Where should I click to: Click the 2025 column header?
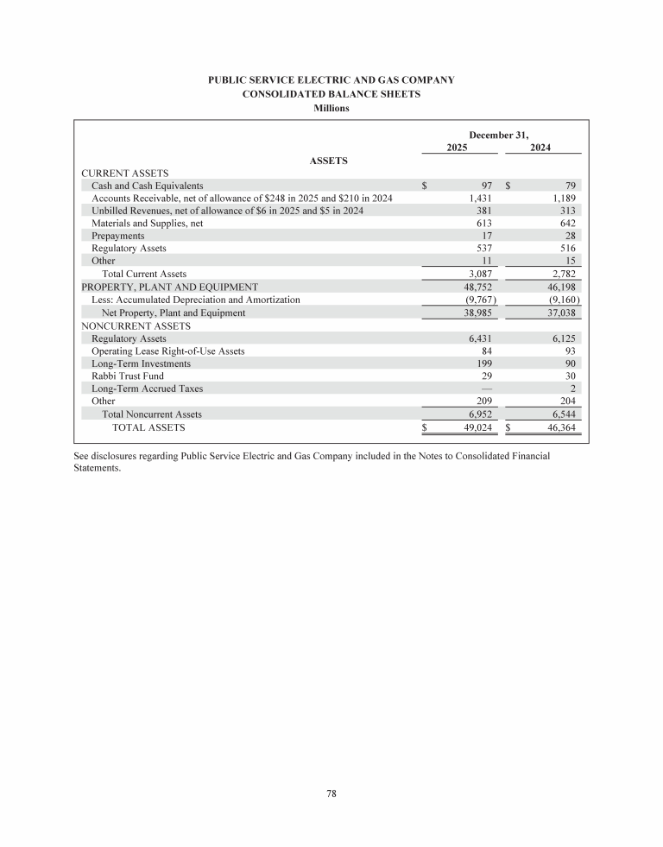458,148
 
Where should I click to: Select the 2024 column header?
540,148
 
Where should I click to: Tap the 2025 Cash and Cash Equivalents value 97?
486,186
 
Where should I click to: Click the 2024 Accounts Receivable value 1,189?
565,199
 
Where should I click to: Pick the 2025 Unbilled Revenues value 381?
483,211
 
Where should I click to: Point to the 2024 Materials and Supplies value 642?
568,224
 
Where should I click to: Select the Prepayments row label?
118,236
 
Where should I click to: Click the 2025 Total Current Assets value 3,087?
479,275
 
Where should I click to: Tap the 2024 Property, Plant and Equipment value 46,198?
562,287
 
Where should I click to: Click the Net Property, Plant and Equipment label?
174,313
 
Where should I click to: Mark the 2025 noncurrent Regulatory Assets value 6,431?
479,338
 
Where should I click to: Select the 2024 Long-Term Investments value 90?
570,363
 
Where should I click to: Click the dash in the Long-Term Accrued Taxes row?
486,389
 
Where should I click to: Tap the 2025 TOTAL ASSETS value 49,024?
477,427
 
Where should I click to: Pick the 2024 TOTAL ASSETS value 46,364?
562,427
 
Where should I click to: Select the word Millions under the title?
331,108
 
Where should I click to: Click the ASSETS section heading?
328,161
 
